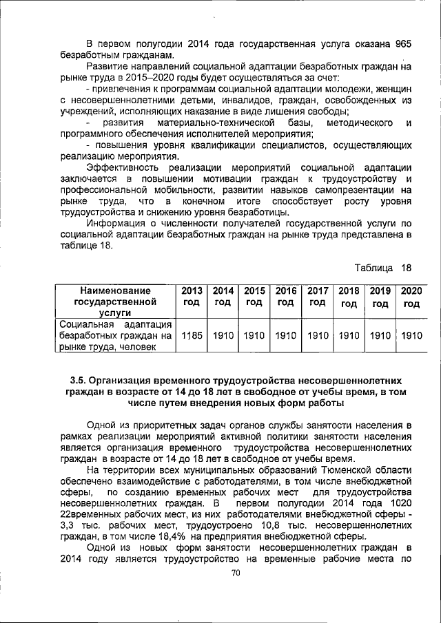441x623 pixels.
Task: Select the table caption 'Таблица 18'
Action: coord(382,267)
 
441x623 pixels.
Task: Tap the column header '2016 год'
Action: coord(285,297)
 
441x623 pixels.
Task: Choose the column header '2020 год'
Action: coord(411,297)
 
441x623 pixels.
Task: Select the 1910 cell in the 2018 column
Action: coord(349,335)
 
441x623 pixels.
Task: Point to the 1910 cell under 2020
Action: coord(411,335)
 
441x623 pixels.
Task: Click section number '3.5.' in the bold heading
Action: coord(82,380)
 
